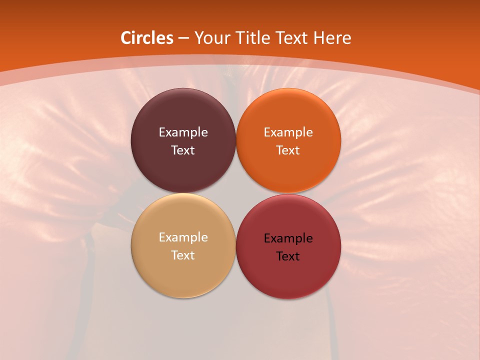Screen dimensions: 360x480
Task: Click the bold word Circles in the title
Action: tap(147, 37)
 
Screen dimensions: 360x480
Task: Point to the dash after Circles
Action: tap(183, 38)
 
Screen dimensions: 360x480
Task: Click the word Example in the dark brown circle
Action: tap(183, 132)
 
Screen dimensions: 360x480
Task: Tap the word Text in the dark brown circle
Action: tap(183, 150)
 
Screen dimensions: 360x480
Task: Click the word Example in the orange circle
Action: tap(288, 132)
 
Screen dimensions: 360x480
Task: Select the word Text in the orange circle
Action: tap(288, 150)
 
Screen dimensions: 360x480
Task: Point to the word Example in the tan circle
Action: tap(183, 237)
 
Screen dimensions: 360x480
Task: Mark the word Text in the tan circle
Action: tap(183, 255)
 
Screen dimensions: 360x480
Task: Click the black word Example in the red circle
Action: tap(288, 238)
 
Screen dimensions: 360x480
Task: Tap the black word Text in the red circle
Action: tap(288, 256)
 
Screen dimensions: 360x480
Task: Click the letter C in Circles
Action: tap(126, 37)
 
